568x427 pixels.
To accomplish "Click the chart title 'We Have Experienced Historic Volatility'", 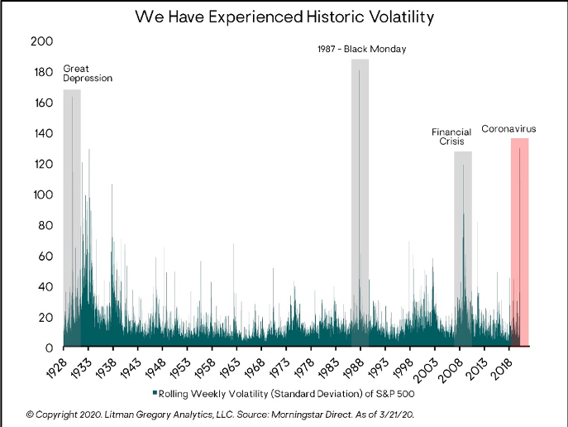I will pyautogui.click(x=284, y=17).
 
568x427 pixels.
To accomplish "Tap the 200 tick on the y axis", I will pyautogui.click(x=44, y=42).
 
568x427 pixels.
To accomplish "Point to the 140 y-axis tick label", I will pyautogui.click(x=44, y=134).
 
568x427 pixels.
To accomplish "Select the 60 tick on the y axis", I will pyautogui.click(x=46, y=256).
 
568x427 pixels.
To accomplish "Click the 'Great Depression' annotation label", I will pyautogui.click(x=88, y=73).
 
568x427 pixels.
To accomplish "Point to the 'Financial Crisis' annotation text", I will pyautogui.click(x=452, y=137).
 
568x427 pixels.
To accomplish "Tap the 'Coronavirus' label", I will pyautogui.click(x=509, y=129).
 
